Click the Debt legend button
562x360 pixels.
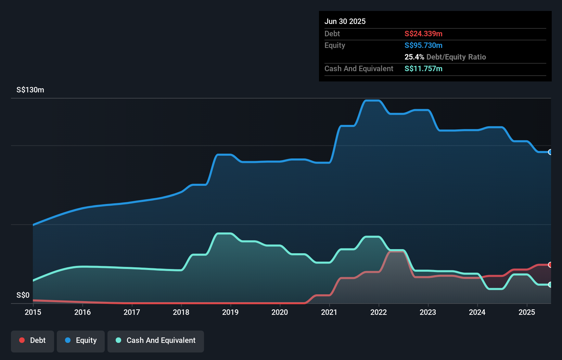[x=33, y=340]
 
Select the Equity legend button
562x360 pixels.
[x=81, y=340]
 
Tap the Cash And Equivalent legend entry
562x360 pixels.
[x=156, y=340]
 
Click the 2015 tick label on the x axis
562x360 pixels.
[x=33, y=312]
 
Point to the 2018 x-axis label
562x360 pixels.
[x=181, y=312]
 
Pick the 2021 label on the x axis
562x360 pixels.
[x=329, y=312]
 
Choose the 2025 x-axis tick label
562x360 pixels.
[x=527, y=312]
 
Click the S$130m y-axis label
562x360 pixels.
[x=30, y=90]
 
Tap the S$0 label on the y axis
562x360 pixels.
[x=23, y=295]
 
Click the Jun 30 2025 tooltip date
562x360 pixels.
[x=345, y=21]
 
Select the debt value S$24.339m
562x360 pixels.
[x=423, y=34]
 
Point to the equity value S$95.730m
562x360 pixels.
[x=423, y=45]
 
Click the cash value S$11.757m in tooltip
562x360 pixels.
[x=423, y=68]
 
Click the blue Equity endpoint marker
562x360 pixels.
[x=550, y=152]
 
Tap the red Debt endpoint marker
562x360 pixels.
[x=550, y=265]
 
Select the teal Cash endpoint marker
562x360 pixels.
[x=550, y=284]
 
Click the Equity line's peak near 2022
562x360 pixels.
[x=372, y=101]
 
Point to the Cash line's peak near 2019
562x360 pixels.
[x=224, y=233]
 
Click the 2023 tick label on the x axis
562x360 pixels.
[x=428, y=312]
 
